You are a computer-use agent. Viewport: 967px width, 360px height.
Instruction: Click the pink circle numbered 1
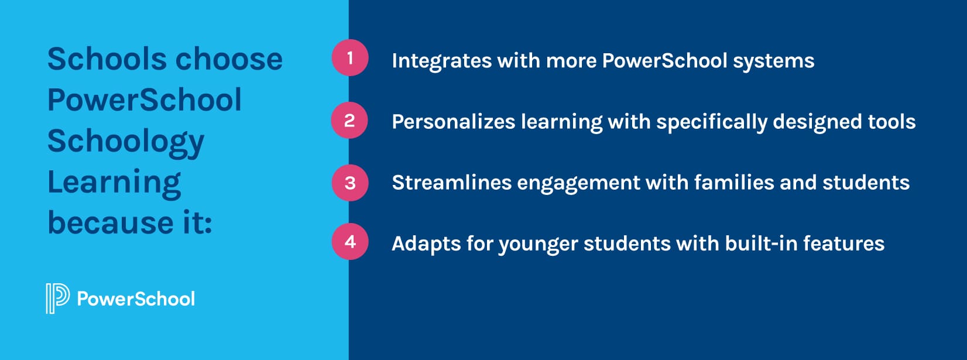(350, 57)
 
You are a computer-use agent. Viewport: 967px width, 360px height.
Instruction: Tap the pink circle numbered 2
(349, 121)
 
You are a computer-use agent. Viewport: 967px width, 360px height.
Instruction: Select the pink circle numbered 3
(350, 183)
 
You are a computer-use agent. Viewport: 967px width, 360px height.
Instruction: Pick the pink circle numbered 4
(350, 241)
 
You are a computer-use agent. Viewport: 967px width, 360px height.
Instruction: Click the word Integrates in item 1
(441, 61)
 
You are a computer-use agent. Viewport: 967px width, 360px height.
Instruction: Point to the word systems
(773, 61)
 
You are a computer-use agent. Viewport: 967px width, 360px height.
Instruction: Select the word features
(843, 244)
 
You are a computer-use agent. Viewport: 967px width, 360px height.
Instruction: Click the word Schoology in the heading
(126, 142)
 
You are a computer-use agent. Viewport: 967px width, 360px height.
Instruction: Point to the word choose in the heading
(229, 59)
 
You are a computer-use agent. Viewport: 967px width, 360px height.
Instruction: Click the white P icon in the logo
(57, 299)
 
